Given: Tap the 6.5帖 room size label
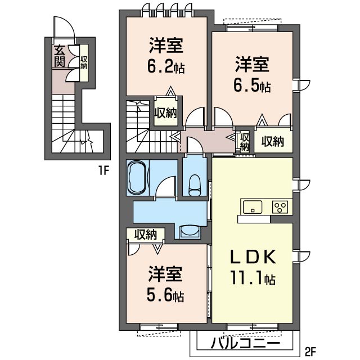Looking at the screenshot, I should [x=252, y=87].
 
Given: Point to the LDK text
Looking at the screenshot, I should [x=253, y=258].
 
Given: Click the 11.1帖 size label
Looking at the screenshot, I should [x=253, y=277].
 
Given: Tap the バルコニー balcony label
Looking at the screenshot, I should [x=246, y=343].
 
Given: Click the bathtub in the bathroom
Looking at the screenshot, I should [x=137, y=178].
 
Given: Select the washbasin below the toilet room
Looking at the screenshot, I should [x=189, y=232].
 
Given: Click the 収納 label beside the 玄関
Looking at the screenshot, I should [x=83, y=62].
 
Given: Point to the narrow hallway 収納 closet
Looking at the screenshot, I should [x=244, y=141].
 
